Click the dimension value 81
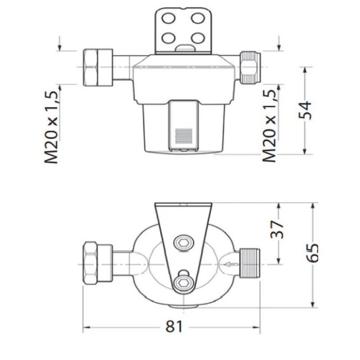(x=173, y=326)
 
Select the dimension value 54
(x=306, y=110)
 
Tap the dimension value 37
(x=279, y=229)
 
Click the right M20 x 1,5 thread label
(x=270, y=126)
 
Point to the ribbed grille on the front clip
(x=184, y=135)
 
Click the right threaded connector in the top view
(x=251, y=263)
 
